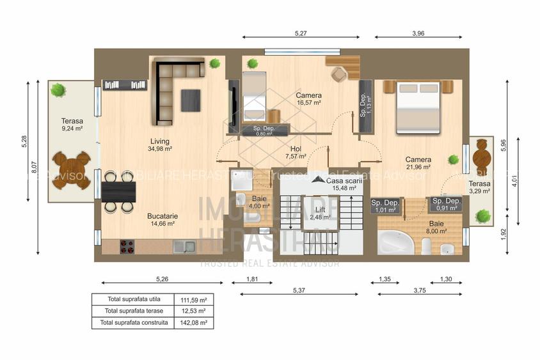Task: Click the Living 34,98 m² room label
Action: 160,145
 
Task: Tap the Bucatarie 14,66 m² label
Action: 162,220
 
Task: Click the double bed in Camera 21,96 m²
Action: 418,107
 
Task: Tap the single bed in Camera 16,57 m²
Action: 253,98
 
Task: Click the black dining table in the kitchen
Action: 118,192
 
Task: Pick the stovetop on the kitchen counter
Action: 127,246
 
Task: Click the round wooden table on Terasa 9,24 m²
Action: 71,169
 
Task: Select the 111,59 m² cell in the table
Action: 194,299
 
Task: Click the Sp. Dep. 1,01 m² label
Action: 385,205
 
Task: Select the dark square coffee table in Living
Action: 190,100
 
